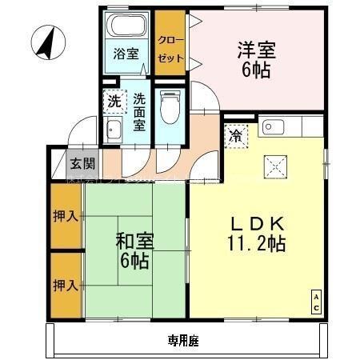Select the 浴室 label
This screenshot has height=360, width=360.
tap(126, 54)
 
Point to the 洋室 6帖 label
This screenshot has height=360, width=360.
tap(255, 60)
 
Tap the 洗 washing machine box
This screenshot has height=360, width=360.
tap(115, 102)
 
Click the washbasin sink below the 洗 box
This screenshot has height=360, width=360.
tap(114, 132)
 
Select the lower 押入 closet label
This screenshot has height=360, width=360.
tap(66, 284)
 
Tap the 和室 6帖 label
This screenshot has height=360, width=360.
tap(133, 250)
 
